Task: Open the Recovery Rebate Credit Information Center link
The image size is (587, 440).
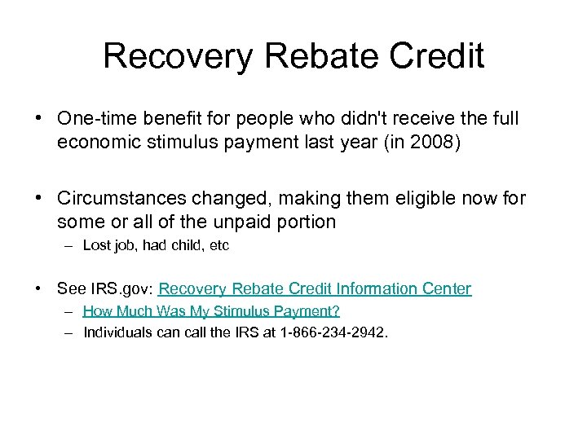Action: pyautogui.click(x=315, y=288)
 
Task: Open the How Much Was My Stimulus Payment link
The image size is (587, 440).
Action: pyautogui.click(x=211, y=311)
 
